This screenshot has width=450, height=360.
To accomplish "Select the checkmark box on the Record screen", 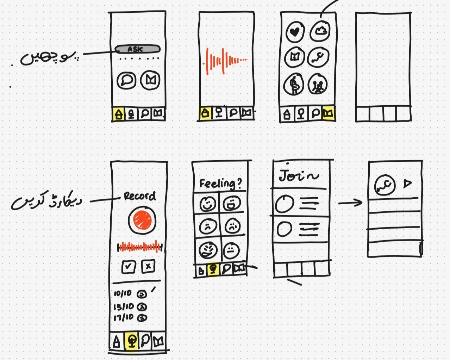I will pos(129,267).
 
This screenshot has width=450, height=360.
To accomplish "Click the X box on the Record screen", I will pos(148,267).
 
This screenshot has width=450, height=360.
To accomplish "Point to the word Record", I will pos(139,196).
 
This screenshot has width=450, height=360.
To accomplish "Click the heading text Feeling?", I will pos(220,184).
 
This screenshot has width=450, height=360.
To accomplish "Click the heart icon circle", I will pos(295,32).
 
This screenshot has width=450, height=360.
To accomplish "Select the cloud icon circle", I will pos(320,31).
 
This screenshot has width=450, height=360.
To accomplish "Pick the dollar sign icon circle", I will pos(294,85).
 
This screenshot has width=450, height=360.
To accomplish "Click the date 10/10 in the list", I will pos(123,293).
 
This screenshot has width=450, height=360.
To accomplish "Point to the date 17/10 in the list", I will pos(123,317).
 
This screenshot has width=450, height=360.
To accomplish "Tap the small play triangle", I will pos(407,183).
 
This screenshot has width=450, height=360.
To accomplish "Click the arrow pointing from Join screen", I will pos(350,202).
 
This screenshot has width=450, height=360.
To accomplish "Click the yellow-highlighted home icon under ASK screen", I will pos(119,114).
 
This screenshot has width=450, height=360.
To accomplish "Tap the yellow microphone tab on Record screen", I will pos(132,341).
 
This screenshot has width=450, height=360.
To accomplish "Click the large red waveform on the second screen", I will pos(225,61).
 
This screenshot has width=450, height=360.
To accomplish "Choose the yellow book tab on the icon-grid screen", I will pos(329,114).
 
